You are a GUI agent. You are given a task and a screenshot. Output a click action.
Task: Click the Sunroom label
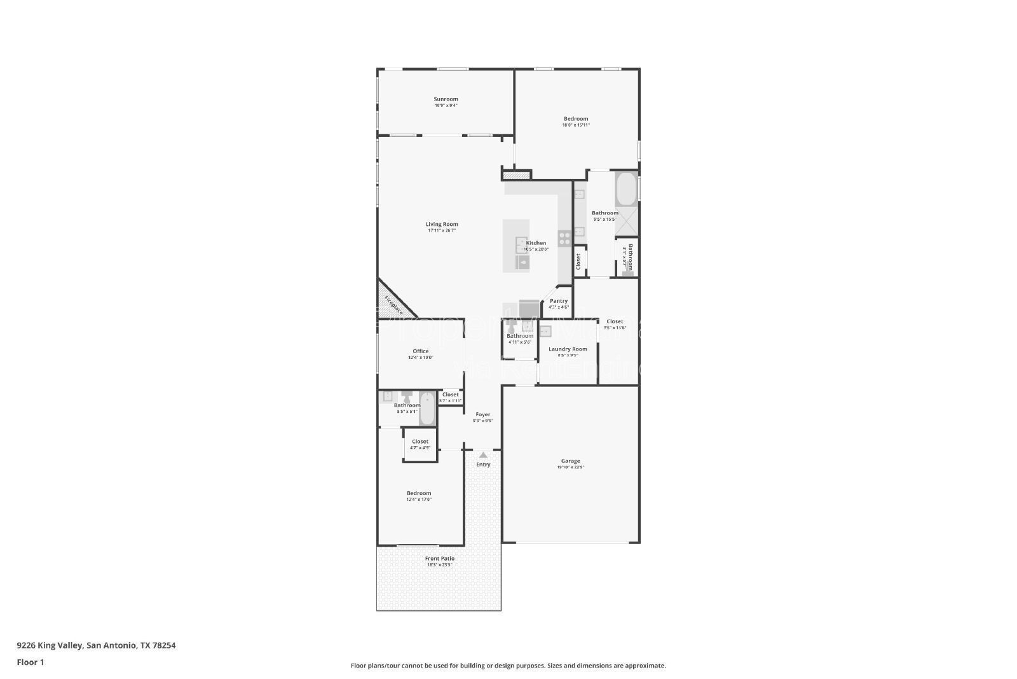pos(446,99)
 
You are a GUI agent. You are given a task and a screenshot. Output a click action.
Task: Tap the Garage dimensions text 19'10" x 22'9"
pos(570,467)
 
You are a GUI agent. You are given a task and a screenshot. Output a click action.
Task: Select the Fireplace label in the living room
pos(393,305)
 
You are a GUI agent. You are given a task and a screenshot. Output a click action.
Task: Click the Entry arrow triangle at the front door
pos(483,455)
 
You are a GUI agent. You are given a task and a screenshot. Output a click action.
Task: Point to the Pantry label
pos(559,301)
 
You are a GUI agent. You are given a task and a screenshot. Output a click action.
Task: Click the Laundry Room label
pos(568,349)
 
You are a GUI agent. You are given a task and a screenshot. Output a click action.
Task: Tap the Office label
pos(420,351)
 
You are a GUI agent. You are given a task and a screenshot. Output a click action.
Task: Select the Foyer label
pos(482,414)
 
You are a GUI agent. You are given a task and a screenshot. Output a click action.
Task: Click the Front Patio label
pos(440,559)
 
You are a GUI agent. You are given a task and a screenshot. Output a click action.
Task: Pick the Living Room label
pos(442,224)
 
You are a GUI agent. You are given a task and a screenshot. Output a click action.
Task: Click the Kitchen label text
pos(536,243)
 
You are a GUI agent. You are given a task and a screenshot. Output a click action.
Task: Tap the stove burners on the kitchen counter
pos(564,239)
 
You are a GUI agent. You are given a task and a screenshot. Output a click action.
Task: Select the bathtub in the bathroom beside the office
pos(427,409)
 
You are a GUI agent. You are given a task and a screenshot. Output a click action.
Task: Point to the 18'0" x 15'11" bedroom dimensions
pos(576,125)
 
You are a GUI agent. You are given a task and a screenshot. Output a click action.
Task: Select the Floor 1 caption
pos(31,662)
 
